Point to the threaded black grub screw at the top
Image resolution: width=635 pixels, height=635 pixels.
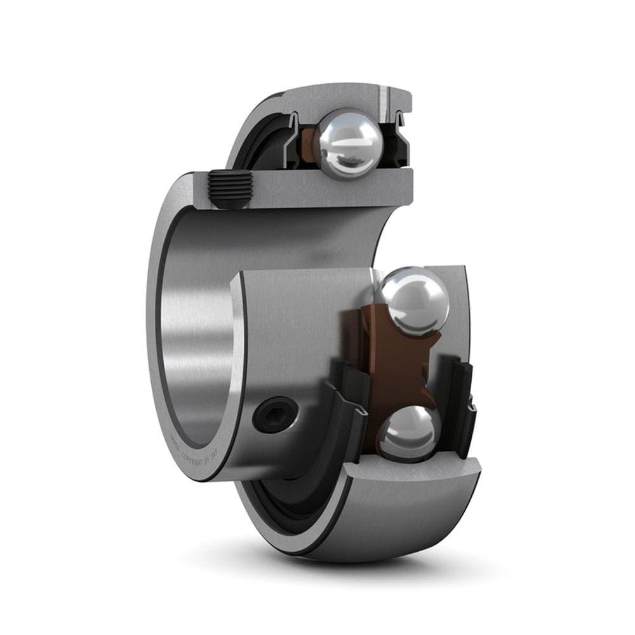227,189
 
